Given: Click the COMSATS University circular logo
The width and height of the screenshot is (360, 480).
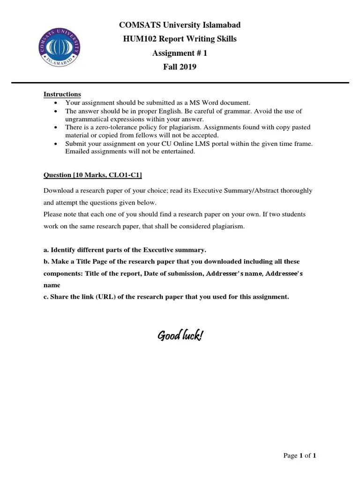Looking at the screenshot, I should (59, 47).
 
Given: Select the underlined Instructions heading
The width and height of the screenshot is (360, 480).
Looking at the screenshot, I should (62, 94).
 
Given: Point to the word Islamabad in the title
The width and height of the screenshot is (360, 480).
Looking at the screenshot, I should (221, 25).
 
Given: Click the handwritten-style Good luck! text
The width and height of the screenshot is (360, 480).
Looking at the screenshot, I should (180, 336).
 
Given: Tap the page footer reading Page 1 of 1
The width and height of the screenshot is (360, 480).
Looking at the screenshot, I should (300, 456).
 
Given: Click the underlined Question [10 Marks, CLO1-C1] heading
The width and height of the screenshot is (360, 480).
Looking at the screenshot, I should (93, 175).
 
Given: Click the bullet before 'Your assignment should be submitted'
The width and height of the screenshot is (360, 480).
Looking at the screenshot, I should (56, 103).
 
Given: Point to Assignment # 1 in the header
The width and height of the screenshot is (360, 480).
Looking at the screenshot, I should (180, 53).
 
